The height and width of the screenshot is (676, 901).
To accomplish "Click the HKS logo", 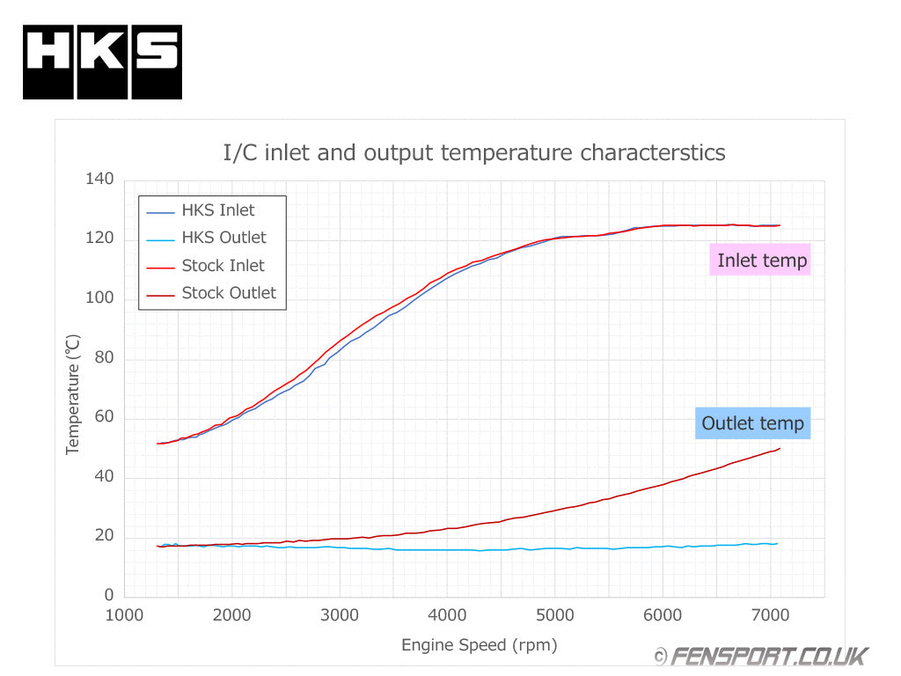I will (102, 62).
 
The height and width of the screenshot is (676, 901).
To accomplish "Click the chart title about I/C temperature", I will (474, 152).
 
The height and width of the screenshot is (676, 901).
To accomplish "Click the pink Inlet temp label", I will (761, 260).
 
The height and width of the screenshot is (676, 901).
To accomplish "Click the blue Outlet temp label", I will (752, 423).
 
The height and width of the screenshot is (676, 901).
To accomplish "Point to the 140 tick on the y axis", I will (99, 180).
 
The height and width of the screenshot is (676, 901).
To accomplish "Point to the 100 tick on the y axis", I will (99, 298).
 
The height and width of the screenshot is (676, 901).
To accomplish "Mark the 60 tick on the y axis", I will (104, 417).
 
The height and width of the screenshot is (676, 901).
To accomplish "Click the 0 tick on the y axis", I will (109, 597).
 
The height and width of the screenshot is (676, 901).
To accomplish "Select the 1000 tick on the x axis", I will (124, 615).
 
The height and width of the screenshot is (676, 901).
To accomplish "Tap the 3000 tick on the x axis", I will (340, 615).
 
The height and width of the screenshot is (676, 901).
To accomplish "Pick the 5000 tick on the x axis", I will (555, 615).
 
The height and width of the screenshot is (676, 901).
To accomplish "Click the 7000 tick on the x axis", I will (771, 615).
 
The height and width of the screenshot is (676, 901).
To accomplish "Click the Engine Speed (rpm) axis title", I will (480, 645).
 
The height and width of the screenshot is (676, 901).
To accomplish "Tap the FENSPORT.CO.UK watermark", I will (761, 656).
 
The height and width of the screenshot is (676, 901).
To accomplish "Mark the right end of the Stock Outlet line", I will (780, 449).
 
